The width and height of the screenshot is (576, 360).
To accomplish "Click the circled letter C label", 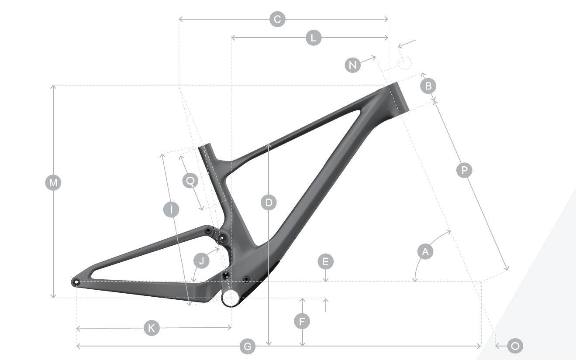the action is point(277,19).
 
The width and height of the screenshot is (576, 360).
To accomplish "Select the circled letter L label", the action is point(314,38).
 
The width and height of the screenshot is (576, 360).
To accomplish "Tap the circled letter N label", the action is point(352,65).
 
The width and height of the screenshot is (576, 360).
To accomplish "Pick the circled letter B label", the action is point(428,86).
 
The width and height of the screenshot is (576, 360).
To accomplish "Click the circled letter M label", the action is point(53,183).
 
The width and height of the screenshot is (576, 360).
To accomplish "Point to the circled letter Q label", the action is point(190,181).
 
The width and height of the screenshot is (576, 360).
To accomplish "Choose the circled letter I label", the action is point(171,209).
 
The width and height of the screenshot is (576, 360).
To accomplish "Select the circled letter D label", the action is point(269,202).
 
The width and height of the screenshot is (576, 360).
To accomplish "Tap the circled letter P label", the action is point(464,170).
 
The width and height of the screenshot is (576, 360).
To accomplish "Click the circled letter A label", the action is point(425,251).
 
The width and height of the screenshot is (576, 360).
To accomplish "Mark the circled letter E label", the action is point(325,261).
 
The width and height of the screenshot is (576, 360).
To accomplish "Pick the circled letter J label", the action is point(201,261).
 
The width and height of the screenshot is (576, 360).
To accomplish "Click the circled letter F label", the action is point(302,321).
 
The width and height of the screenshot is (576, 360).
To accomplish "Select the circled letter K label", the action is point(152,328).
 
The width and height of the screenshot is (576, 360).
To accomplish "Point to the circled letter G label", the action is point(248,346).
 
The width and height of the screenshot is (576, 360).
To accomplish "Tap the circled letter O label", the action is point(515,346).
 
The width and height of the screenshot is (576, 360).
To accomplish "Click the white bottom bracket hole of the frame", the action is point(231,298).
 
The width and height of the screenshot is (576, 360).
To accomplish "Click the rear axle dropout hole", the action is point(76,282).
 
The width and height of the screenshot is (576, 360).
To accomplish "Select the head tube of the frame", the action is point(393,99).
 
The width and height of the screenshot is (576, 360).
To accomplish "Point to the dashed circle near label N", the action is point(404,62).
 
